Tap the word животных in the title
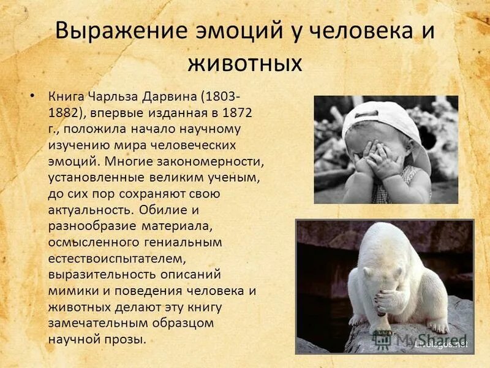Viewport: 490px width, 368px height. tap(244, 63)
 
